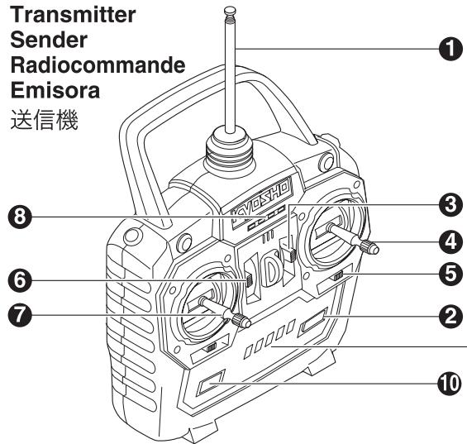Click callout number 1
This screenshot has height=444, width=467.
pyautogui.click(x=450, y=49)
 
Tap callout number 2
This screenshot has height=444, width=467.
pyautogui.click(x=450, y=316)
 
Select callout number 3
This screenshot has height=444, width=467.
pyautogui.click(x=450, y=205)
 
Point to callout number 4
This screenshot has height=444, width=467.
pyautogui.click(x=450, y=242)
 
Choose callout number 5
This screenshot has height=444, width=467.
pyautogui.click(x=450, y=274)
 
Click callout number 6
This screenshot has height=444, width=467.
pyautogui.click(x=20, y=280)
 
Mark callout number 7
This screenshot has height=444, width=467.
pyautogui.click(x=20, y=315)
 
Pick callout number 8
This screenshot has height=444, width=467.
pyautogui.click(x=20, y=217)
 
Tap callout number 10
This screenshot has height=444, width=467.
pyautogui.click(x=449, y=384)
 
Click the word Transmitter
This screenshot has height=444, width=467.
pyautogui.click(x=74, y=15)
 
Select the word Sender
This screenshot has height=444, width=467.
pyautogui.click(x=49, y=40)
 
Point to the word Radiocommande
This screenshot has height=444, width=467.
pyautogui.click(x=98, y=65)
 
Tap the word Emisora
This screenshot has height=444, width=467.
pyautogui.click(x=55, y=90)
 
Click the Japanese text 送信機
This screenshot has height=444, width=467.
pyautogui.click(x=45, y=120)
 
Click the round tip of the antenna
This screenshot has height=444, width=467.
pyautogui.click(x=230, y=11)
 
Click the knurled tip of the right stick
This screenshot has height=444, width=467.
pyautogui.click(x=369, y=247)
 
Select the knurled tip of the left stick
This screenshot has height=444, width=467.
pyautogui.click(x=241, y=321)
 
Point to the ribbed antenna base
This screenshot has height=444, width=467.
pyautogui.click(x=230, y=152)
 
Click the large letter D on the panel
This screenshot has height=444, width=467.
pyautogui.click(x=272, y=269)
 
